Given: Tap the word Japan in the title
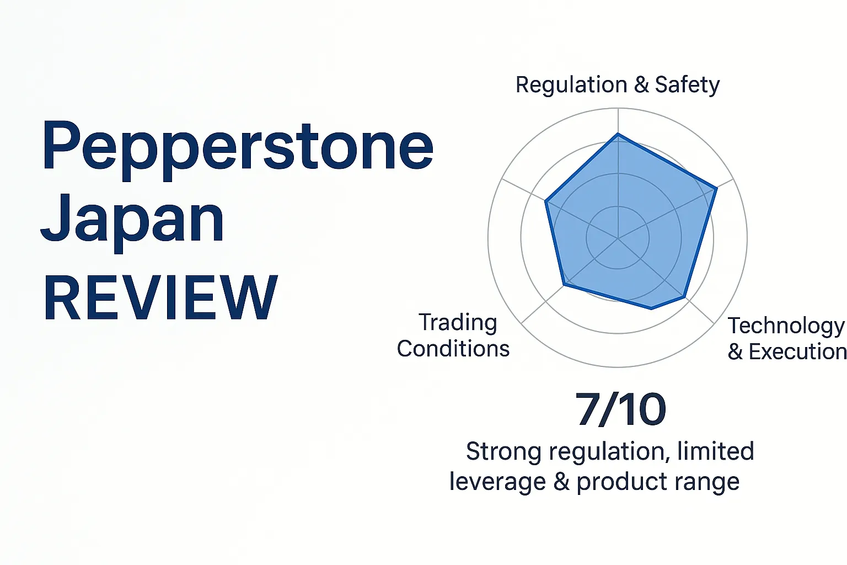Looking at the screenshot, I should click(132, 221).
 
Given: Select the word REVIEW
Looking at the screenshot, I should click(160, 298).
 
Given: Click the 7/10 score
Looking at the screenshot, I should click(620, 410).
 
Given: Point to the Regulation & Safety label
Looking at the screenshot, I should click(618, 85).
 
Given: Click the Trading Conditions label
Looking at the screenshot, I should click(453, 335).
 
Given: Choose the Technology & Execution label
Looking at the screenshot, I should click(786, 338).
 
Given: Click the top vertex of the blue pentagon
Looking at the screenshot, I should click(618, 134).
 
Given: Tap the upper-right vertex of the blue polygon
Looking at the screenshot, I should click(716, 189).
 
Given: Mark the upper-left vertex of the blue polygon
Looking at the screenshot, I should click(546, 201).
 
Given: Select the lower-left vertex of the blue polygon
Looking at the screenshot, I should click(564, 285).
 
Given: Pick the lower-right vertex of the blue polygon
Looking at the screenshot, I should click(685, 298).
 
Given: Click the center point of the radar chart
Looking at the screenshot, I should click(618, 238).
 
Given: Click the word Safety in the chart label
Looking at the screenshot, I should click(687, 85).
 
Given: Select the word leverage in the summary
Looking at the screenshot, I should click(497, 482).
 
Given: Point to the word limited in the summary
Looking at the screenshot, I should click(715, 451).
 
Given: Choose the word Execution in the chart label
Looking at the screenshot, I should click(797, 352).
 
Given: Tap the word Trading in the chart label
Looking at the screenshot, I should click(458, 323).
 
